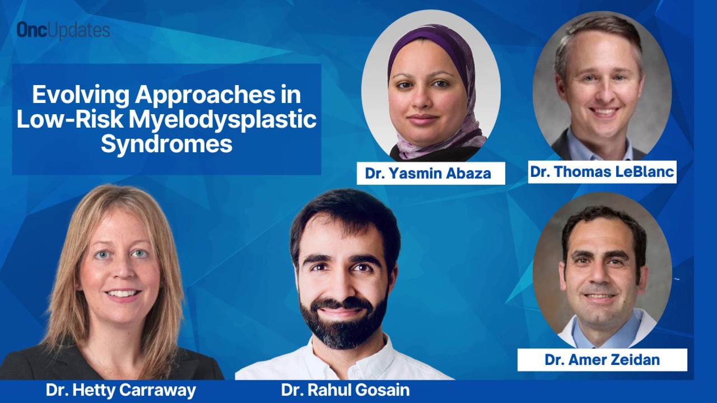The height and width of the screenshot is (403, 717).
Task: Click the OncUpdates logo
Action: [x=63, y=30]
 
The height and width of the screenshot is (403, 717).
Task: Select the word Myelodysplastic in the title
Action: [x=223, y=120]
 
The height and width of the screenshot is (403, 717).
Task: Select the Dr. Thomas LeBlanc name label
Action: [x=602, y=172]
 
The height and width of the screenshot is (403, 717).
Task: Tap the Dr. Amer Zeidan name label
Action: [x=602, y=360]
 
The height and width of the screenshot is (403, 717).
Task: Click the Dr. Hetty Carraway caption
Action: [x=121, y=390]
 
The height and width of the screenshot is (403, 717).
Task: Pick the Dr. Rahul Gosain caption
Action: [x=346, y=390]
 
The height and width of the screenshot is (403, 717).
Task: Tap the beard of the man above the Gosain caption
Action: [x=344, y=323]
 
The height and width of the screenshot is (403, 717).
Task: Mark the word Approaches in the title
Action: [x=205, y=95]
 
